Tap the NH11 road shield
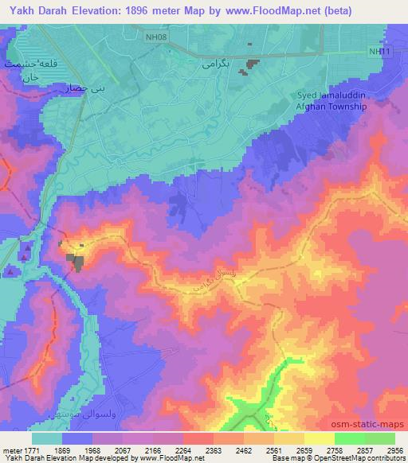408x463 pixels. (379, 51)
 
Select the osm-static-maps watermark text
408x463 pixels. (373, 424)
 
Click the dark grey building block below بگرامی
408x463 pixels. (253, 64)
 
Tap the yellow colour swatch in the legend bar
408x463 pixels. (319, 438)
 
